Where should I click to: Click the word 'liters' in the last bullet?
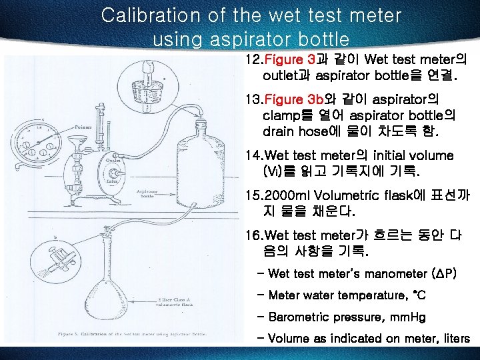(454, 339)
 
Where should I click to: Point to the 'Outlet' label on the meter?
(113, 160)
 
